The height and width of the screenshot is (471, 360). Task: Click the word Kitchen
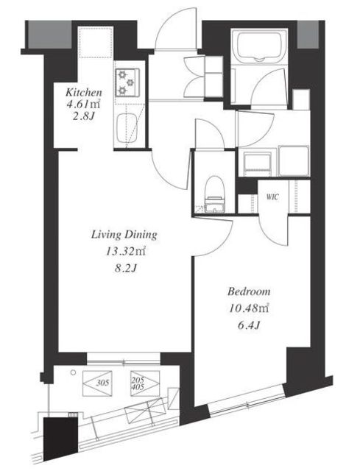(84, 92)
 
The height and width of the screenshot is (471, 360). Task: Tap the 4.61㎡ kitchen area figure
(83, 105)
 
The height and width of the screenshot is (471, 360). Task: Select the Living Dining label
(124, 235)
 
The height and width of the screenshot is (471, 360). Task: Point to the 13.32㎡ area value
(125, 251)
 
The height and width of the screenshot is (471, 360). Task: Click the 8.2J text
(125, 268)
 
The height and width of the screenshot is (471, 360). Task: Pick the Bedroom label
(249, 291)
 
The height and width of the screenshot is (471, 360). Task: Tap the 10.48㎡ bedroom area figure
(249, 308)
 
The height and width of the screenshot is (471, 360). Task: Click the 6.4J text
(249, 325)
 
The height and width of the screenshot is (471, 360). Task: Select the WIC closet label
(272, 197)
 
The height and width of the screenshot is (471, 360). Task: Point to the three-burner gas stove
(127, 82)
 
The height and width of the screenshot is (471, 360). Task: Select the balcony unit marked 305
(97, 383)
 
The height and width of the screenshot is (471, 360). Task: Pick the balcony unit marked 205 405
(145, 383)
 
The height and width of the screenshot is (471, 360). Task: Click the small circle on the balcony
(73, 372)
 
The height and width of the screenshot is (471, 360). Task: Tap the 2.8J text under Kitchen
(83, 116)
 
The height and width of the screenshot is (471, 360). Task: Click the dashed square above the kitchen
(96, 42)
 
